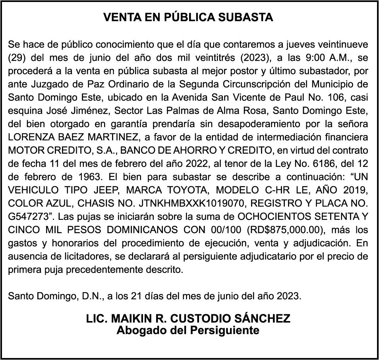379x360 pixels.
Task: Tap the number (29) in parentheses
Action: click(x=16, y=58)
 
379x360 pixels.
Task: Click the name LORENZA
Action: click(x=29, y=137)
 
